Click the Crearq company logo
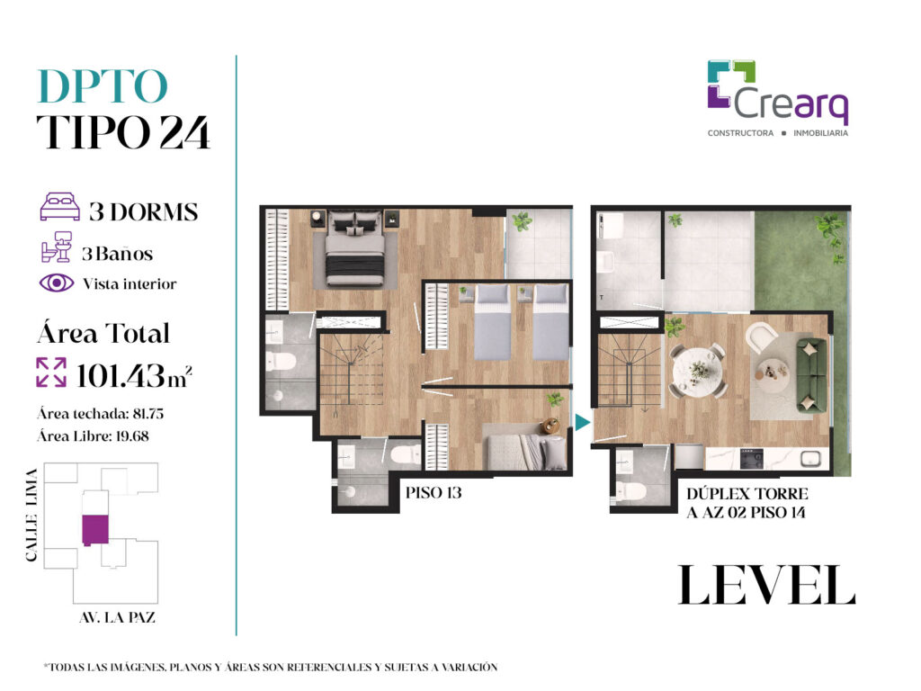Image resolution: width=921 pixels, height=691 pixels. [x=778, y=98]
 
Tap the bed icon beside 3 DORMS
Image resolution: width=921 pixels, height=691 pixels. [x=59, y=207]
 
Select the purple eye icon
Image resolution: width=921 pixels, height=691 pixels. [x=57, y=283]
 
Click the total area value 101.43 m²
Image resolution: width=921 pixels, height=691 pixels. [x=134, y=376]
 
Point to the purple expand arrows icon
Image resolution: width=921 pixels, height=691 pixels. [x=51, y=372]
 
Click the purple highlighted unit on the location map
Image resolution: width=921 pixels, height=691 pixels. [x=94, y=529]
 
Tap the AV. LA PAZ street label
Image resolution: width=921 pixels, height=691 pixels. [x=118, y=617]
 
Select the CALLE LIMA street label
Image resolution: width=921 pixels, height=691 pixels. [x=31, y=515]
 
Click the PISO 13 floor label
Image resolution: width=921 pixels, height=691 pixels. [x=434, y=492]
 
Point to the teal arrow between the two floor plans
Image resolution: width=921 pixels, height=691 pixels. [x=582, y=422]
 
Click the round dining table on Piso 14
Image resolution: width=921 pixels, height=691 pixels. [x=698, y=371]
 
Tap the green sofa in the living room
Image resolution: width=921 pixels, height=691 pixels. [x=811, y=375]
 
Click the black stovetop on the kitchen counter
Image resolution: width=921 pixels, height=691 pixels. [x=751, y=458]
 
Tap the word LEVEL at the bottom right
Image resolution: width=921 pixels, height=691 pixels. [x=766, y=585]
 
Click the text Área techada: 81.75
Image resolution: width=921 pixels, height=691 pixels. [x=101, y=414]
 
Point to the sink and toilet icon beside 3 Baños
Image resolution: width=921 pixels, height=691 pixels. [x=57, y=247]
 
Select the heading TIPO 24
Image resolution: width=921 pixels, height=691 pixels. [x=123, y=131]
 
